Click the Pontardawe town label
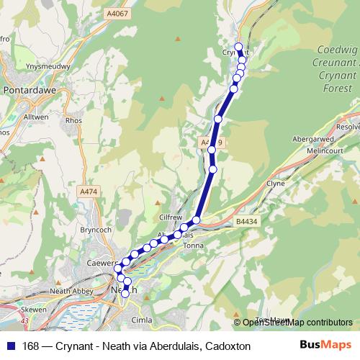[26, 93]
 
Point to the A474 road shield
[88, 192]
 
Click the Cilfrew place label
[171, 217]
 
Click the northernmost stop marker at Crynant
[239, 46]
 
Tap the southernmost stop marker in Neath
[125, 293]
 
